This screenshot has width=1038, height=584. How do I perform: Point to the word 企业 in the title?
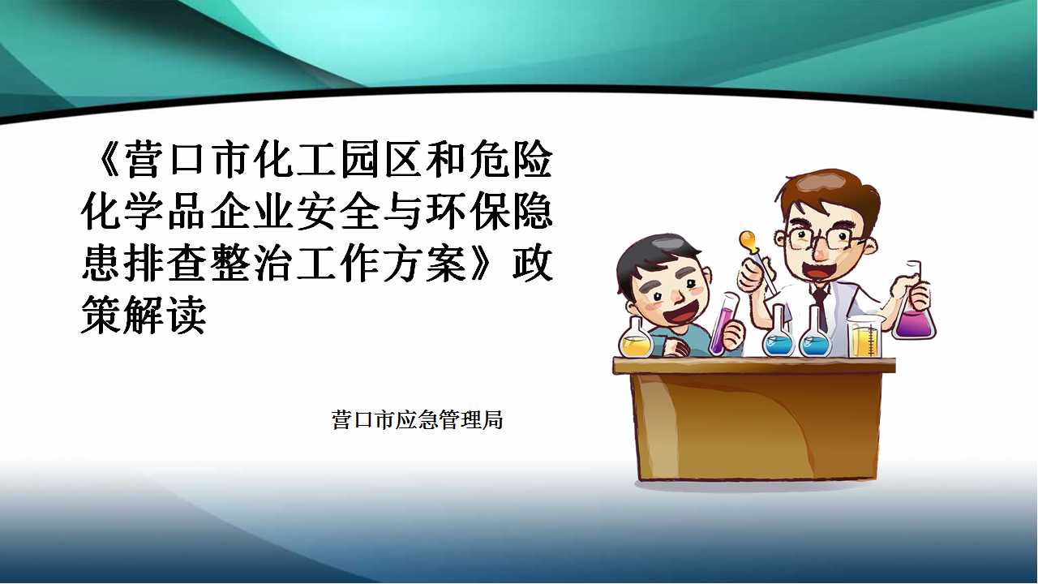[x=251, y=213]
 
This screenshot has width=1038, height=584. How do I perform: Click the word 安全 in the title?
[x=337, y=213]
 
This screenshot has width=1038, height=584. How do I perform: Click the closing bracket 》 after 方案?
[x=487, y=264]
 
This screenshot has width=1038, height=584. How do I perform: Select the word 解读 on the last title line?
[x=165, y=316]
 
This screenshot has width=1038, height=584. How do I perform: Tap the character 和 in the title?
[x=445, y=160]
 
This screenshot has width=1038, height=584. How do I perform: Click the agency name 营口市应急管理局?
[x=417, y=419]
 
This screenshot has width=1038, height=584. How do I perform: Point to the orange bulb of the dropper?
[x=748, y=242]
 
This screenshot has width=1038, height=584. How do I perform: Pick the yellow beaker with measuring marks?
[x=864, y=337]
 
